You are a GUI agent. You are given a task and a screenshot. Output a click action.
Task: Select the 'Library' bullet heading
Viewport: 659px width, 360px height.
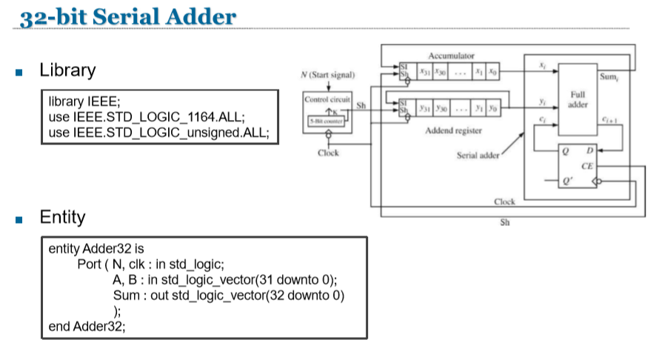67,70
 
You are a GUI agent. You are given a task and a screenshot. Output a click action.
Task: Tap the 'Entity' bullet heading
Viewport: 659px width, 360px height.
62,217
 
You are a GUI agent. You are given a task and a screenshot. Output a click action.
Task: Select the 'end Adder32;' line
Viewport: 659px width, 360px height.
87,325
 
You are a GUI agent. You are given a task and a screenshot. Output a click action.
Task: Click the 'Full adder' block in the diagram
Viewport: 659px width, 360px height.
578,100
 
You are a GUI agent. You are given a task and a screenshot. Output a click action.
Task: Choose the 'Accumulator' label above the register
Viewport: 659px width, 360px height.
451,56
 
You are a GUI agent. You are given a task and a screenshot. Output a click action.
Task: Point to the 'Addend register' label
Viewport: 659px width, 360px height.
454,130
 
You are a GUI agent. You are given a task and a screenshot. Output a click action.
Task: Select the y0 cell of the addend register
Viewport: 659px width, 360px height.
492,107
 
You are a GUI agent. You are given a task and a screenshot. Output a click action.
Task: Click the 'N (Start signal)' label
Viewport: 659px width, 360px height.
327,75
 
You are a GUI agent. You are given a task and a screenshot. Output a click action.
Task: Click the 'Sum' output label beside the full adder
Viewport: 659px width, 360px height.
609,76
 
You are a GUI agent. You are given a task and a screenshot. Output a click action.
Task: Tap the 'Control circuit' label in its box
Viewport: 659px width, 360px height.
327,99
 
